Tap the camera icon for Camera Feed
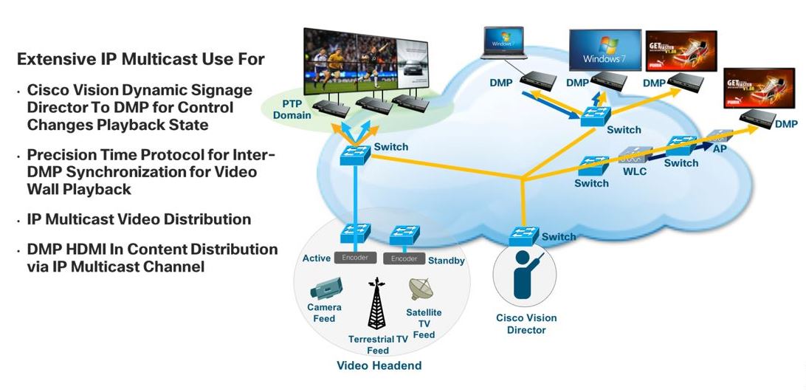(324, 287)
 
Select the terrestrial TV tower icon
(377, 303)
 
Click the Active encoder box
(355, 258)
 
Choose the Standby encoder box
(404, 258)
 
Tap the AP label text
(720, 148)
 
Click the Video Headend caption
(379, 365)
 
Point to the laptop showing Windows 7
(503, 47)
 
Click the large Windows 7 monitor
(604, 50)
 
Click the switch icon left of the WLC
(593, 166)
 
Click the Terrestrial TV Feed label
(378, 345)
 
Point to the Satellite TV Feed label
(424, 323)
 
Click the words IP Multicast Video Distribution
(139, 219)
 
